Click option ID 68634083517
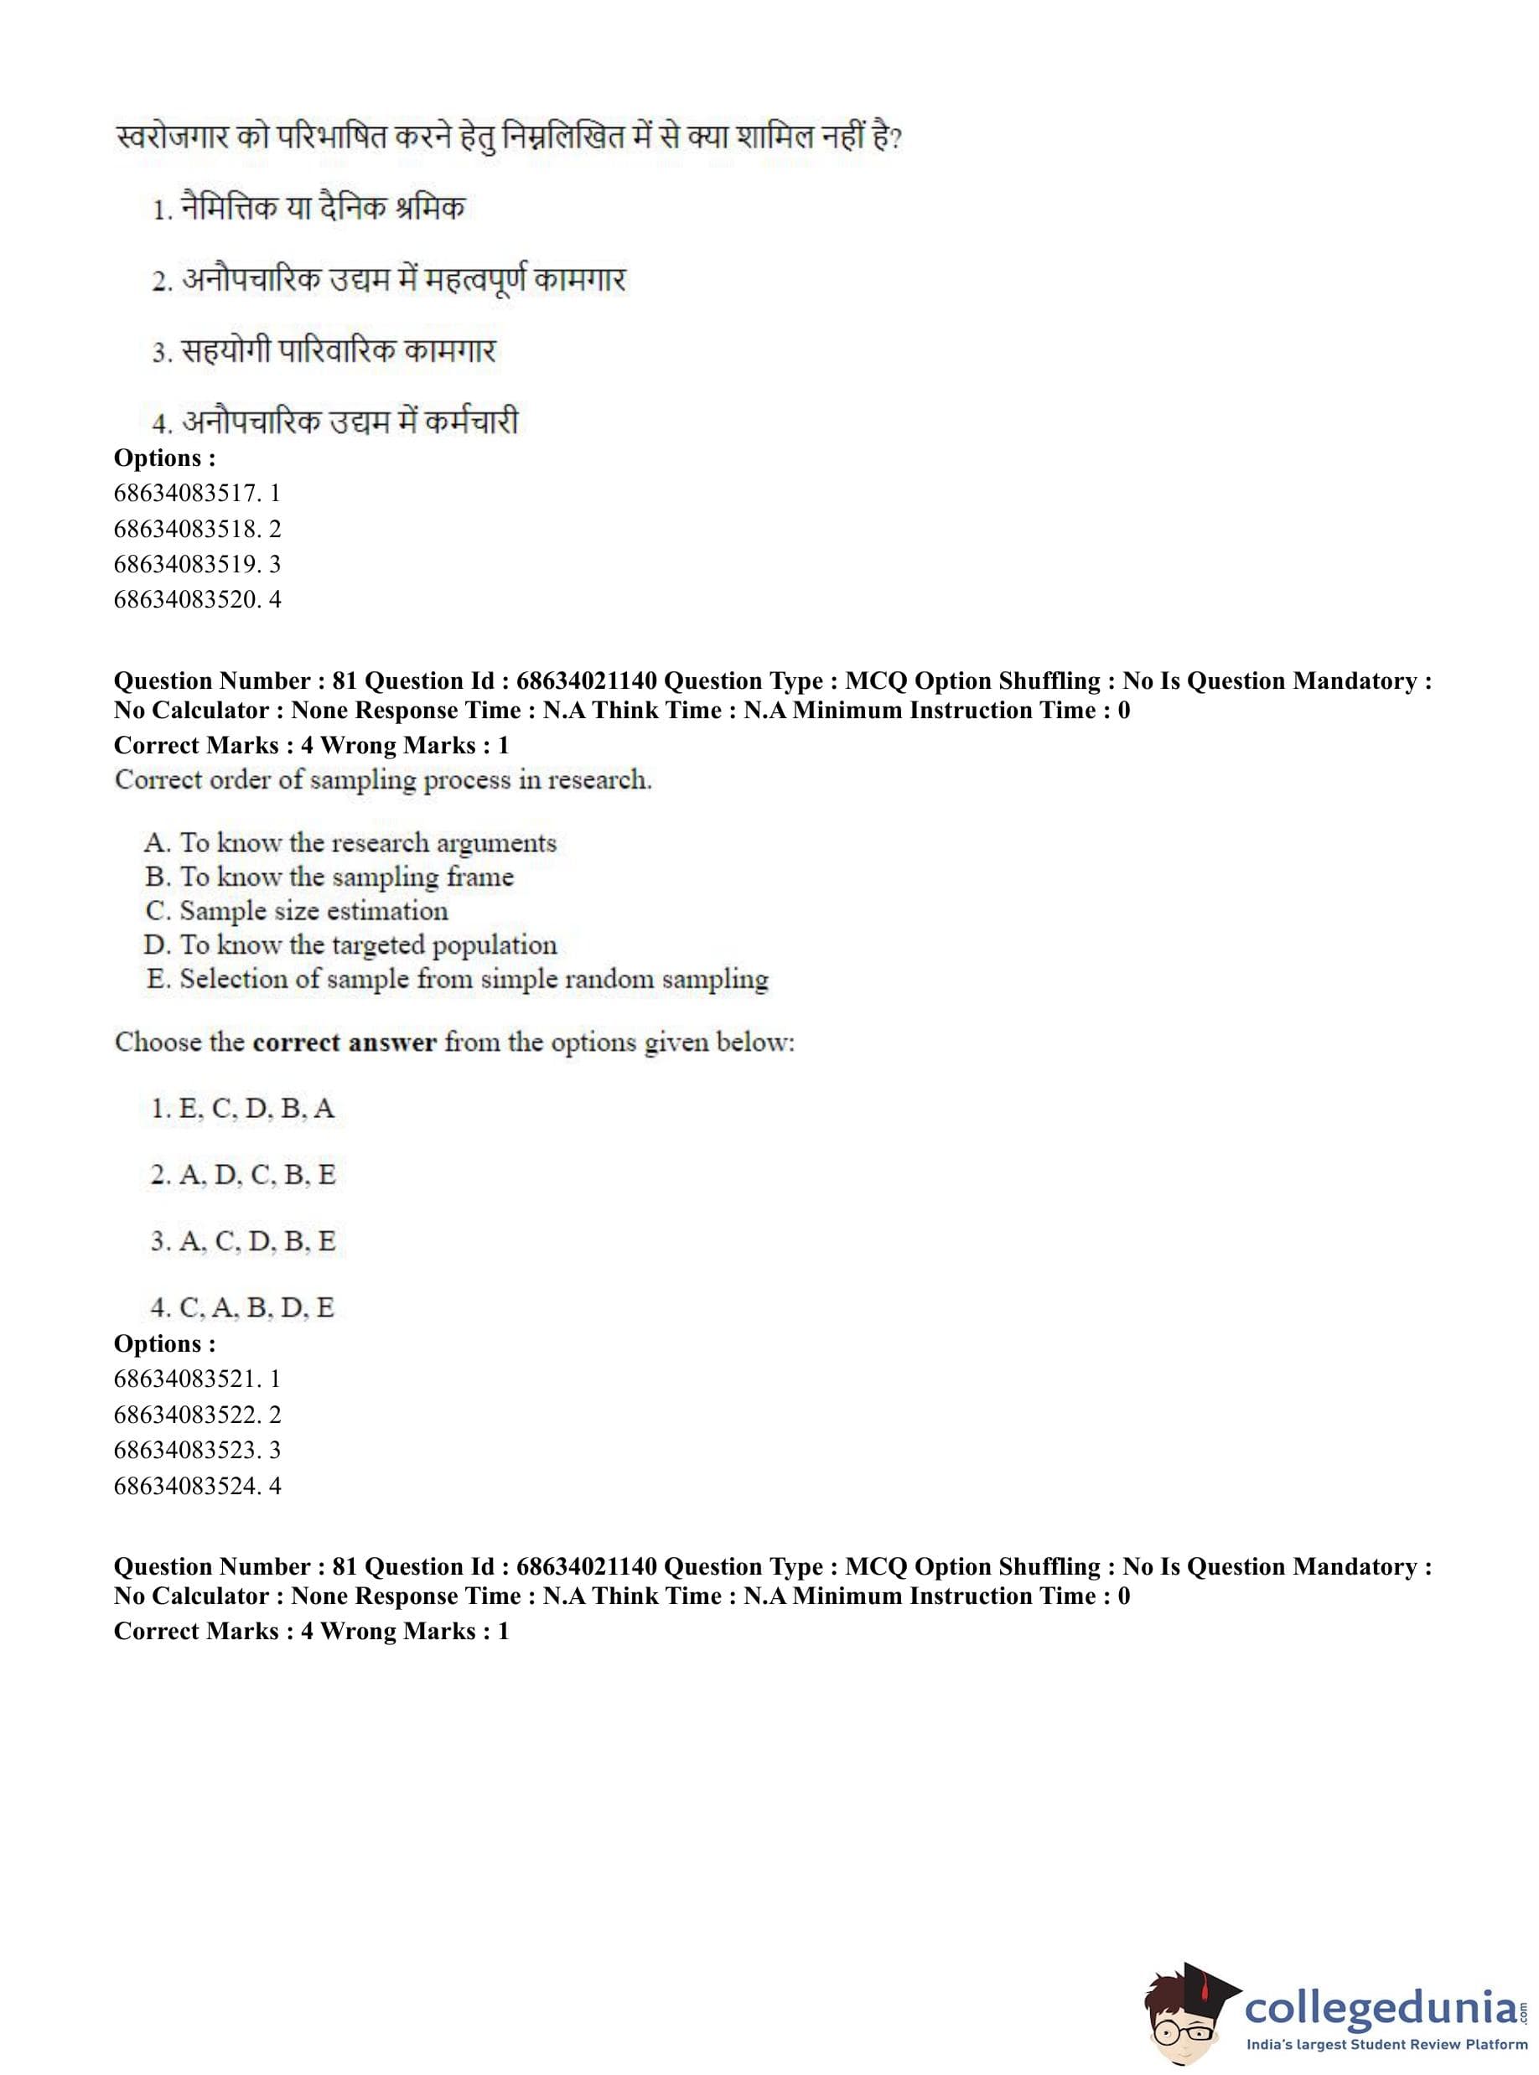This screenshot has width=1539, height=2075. click(x=197, y=493)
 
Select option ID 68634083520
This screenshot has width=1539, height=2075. click(x=197, y=599)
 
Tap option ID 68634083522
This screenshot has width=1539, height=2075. click(x=197, y=1414)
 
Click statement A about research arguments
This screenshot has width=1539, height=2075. click(x=350, y=843)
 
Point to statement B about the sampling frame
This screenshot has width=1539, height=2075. click(x=329, y=877)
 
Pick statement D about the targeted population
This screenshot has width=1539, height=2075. click(x=350, y=945)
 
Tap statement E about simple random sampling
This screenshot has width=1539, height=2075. click(x=457, y=979)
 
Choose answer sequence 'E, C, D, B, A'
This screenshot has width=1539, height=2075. click(x=242, y=1108)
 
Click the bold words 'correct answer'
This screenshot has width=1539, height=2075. click(x=344, y=1043)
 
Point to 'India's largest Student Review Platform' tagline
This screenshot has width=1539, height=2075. click(x=1386, y=2044)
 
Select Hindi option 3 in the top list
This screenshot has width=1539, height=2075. click(x=324, y=351)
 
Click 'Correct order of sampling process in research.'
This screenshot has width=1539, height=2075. click(x=383, y=779)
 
